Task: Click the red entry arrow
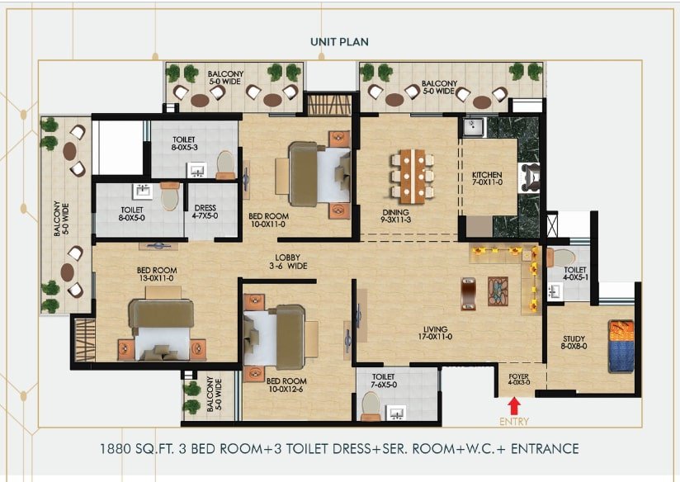pyautogui.click(x=514, y=408)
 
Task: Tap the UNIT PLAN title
pyautogui.click(x=339, y=42)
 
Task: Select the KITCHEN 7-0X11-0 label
pyautogui.click(x=488, y=178)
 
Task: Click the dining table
pyautogui.click(x=413, y=177)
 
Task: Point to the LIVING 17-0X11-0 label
pyautogui.click(x=436, y=333)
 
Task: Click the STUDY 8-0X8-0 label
pyautogui.click(x=574, y=343)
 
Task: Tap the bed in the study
pyautogui.click(x=621, y=346)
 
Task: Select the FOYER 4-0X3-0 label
pyautogui.click(x=519, y=380)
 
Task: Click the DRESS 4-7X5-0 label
pyautogui.click(x=205, y=212)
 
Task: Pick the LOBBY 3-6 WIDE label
pyautogui.click(x=288, y=262)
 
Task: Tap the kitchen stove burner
pyautogui.click(x=529, y=177)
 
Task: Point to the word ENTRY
pyautogui.click(x=514, y=422)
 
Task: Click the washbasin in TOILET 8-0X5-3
pyautogui.click(x=197, y=171)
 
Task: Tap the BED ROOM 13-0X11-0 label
pyautogui.click(x=157, y=274)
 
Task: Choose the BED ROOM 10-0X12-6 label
pyautogui.click(x=286, y=385)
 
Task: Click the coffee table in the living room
pyautogui.click(x=498, y=291)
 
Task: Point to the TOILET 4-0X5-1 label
pyautogui.click(x=575, y=273)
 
